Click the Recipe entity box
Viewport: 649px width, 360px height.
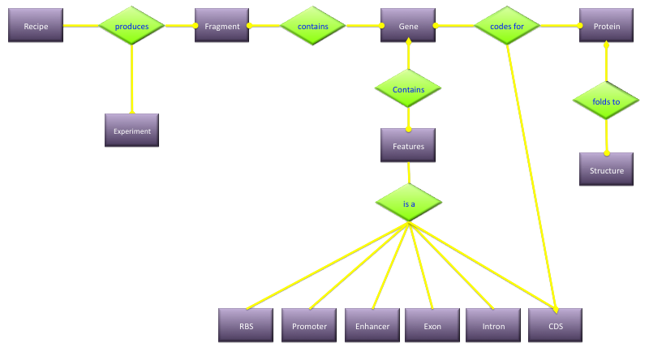(36, 27)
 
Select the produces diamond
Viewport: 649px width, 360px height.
(131, 27)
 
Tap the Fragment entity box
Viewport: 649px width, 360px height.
(221, 27)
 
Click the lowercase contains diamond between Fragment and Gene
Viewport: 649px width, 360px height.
(313, 27)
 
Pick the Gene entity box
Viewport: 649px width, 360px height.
(408, 27)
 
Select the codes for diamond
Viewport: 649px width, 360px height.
(507, 27)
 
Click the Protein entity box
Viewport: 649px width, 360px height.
(607, 27)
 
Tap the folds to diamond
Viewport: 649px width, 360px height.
(606, 101)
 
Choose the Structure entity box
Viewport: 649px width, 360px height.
(607, 170)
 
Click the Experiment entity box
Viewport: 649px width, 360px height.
(131, 130)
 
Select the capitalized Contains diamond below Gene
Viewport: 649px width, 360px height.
(408, 88)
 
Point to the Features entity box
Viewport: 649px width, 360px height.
(408, 146)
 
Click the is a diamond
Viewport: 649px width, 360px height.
(409, 204)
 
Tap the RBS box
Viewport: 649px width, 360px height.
(246, 326)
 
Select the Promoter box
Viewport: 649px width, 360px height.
(309, 326)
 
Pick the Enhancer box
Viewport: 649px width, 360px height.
(372, 326)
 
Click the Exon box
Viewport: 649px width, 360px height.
(432, 326)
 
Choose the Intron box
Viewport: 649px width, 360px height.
(493, 326)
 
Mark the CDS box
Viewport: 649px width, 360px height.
(556, 326)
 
